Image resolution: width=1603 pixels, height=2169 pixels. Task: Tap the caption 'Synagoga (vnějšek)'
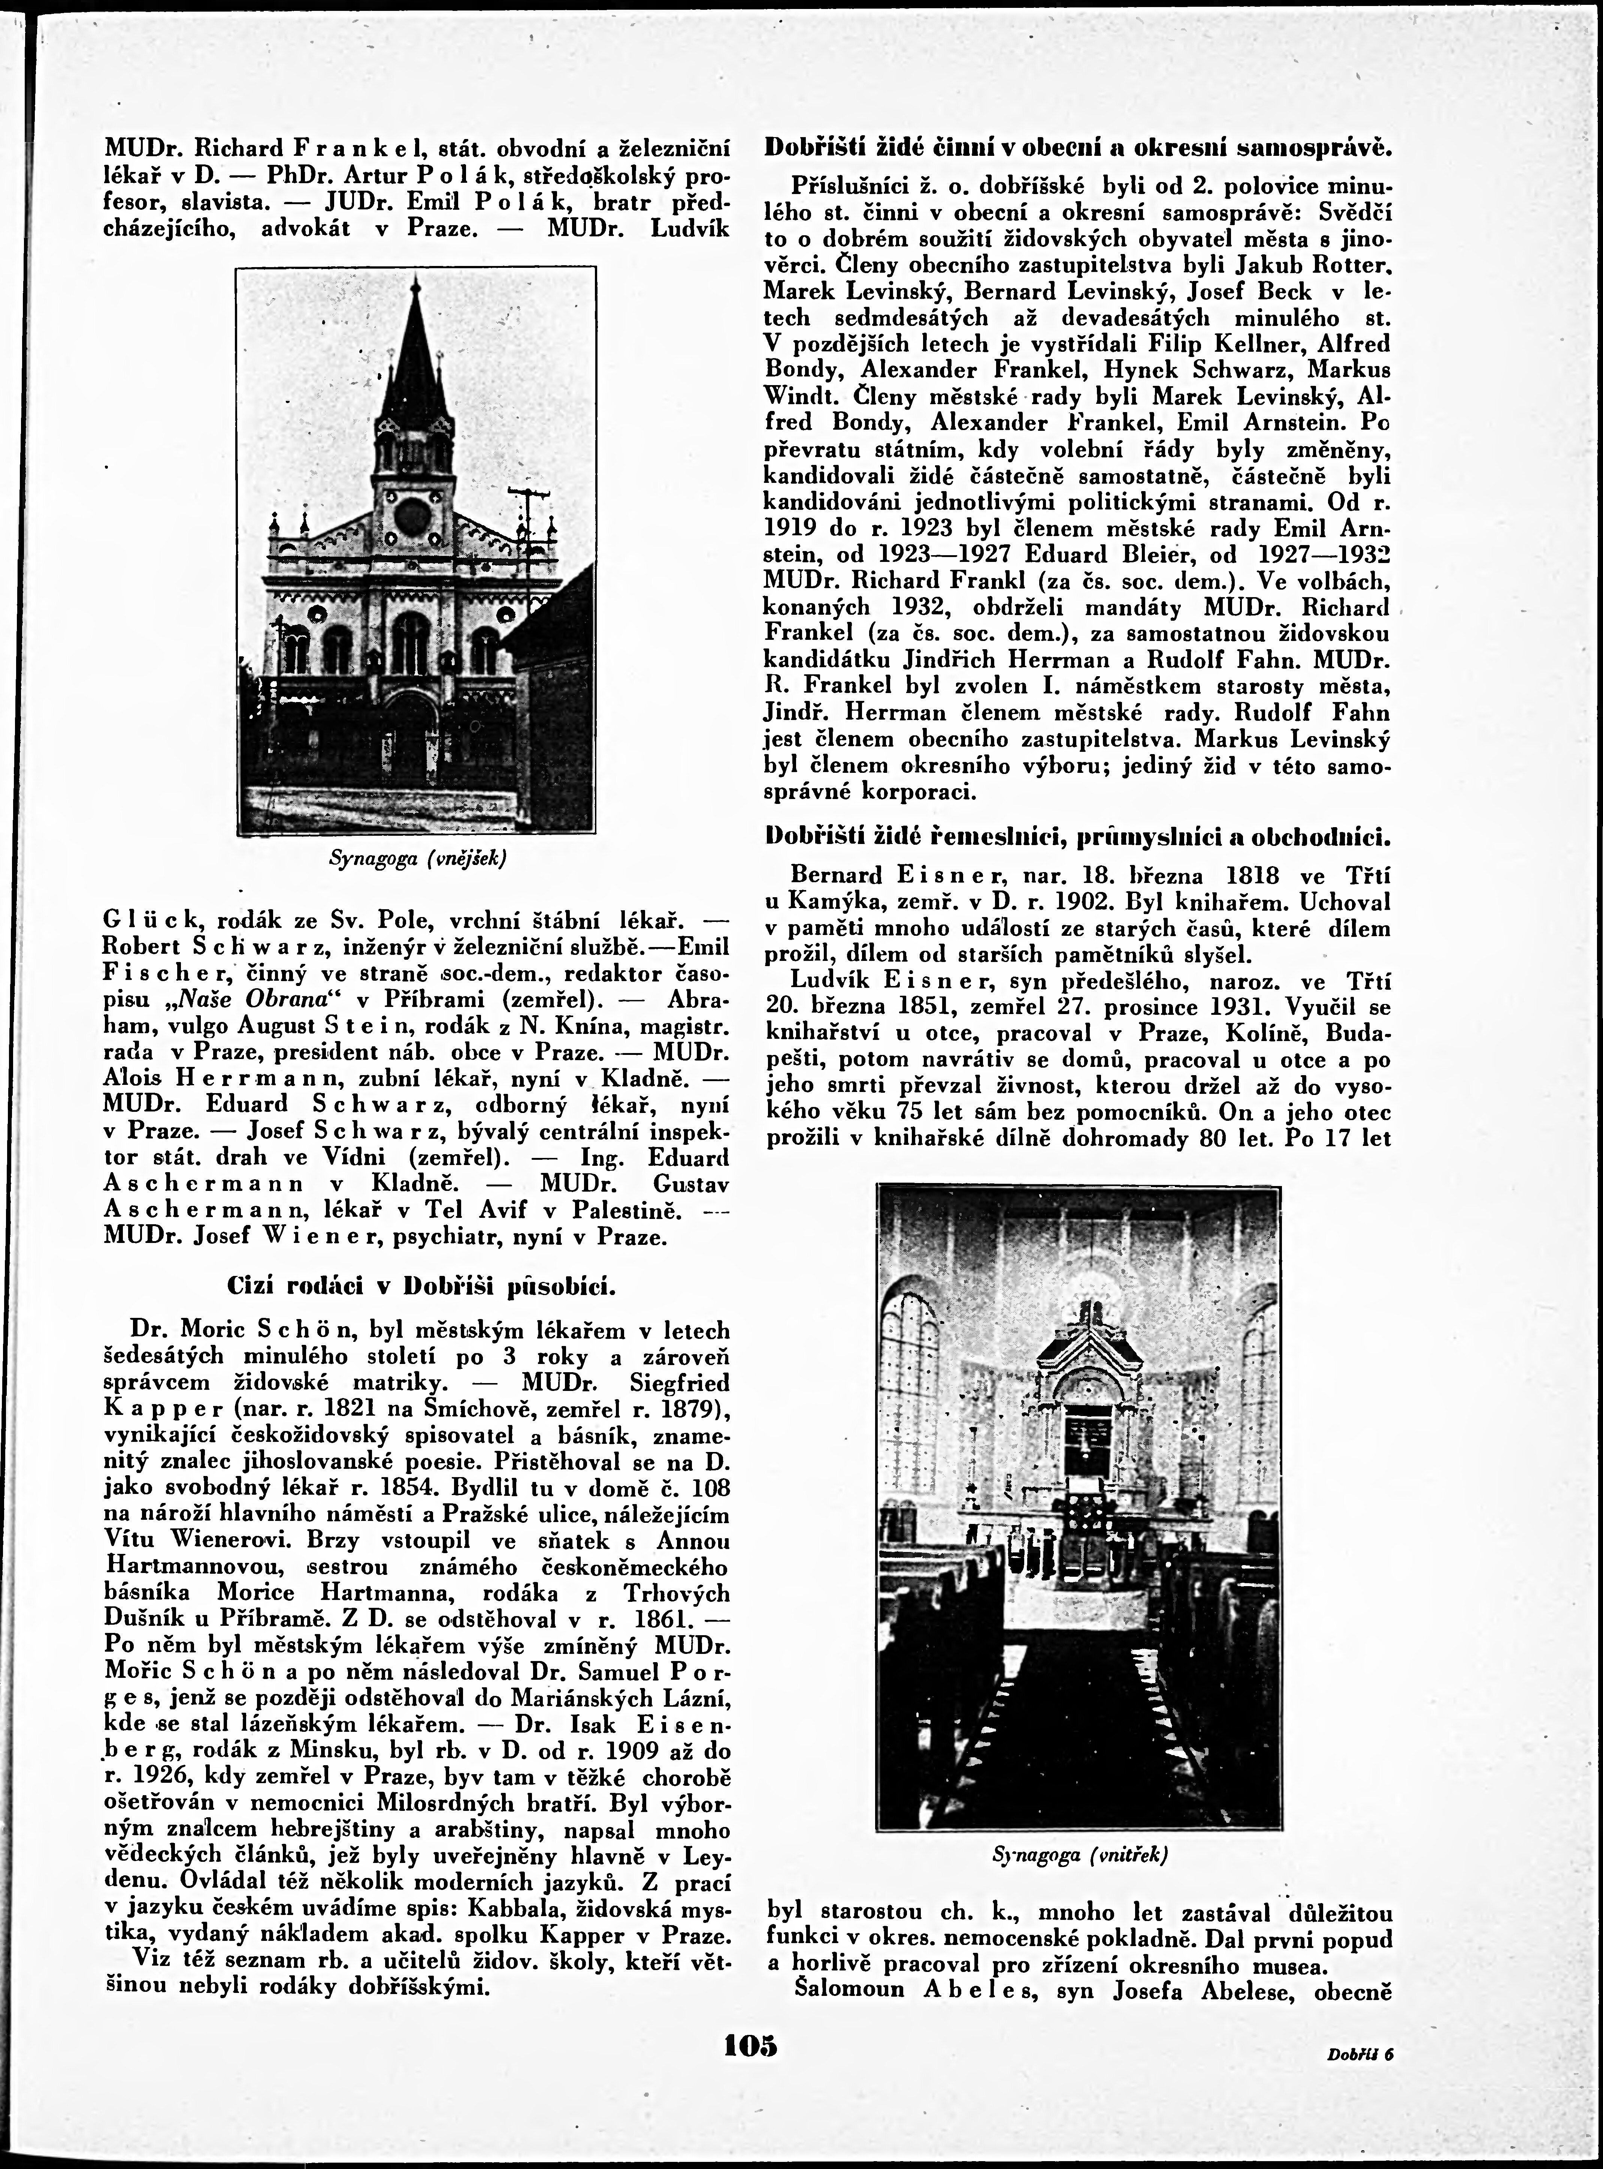(x=417, y=859)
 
